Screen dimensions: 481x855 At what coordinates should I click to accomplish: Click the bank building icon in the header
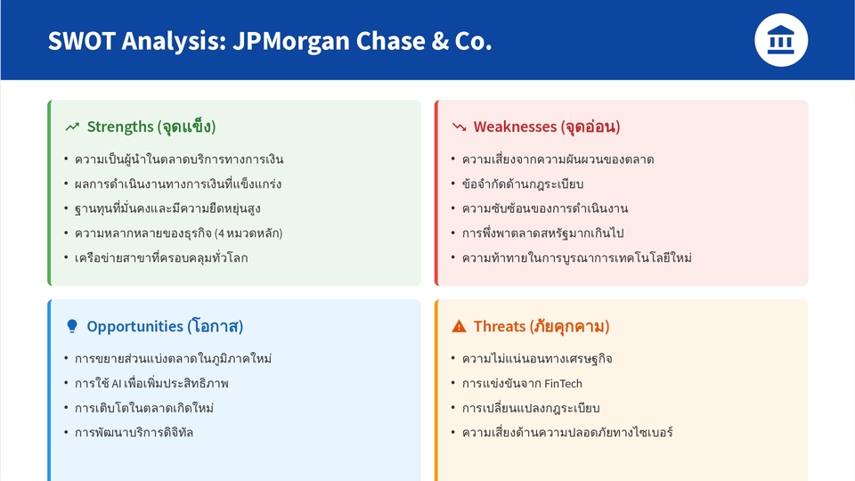(781, 40)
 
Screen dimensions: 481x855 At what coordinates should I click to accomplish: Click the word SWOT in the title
(80, 41)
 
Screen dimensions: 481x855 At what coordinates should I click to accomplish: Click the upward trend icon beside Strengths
(72, 127)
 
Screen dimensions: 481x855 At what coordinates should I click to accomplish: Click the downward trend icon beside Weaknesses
(460, 127)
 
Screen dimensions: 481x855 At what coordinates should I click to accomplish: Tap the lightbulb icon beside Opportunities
(72, 327)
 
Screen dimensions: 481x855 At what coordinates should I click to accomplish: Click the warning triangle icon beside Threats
(460, 327)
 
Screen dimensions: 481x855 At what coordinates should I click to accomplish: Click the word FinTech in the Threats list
(563, 384)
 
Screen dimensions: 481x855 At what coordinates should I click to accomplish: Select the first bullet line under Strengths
(179, 159)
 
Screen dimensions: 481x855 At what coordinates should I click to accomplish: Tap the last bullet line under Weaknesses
(576, 258)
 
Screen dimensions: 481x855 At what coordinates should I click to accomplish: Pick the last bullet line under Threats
(567, 433)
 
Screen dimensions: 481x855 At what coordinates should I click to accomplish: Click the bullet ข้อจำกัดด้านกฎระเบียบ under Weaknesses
(523, 184)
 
